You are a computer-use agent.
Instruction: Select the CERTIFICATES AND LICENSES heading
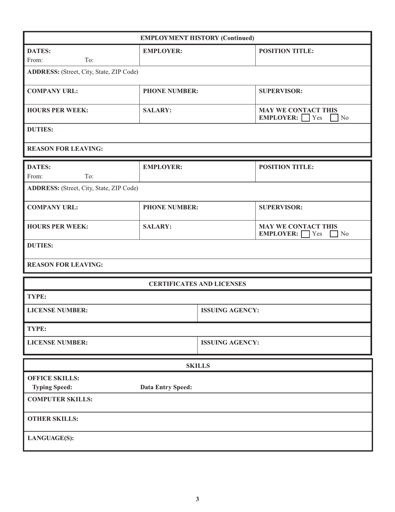click(x=197, y=284)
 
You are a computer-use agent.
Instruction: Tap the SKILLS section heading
click(x=197, y=366)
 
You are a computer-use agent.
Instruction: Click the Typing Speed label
click(x=52, y=387)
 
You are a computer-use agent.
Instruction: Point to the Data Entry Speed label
click(x=166, y=387)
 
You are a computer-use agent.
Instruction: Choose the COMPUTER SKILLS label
click(x=60, y=399)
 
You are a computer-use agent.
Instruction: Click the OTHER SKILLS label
click(x=53, y=419)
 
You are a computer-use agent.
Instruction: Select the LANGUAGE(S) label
click(x=50, y=438)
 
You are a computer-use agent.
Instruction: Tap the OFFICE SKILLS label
click(x=53, y=378)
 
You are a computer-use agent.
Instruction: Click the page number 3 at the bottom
click(x=197, y=499)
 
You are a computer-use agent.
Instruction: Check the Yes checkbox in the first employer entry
click(x=306, y=118)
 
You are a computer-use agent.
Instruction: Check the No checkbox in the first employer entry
click(x=334, y=118)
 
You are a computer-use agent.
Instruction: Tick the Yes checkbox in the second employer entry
click(x=306, y=234)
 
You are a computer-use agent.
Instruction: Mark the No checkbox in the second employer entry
click(x=334, y=234)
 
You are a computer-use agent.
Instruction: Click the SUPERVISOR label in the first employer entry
click(x=281, y=91)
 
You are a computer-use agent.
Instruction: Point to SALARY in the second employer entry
click(x=157, y=226)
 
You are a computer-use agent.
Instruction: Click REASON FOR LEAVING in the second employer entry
click(x=65, y=264)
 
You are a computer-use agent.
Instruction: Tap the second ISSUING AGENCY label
click(x=230, y=343)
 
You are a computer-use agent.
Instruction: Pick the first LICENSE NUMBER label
click(x=57, y=310)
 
